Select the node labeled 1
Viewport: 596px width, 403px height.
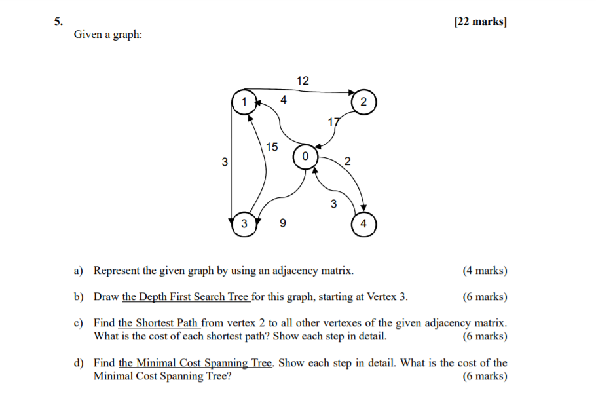point(244,102)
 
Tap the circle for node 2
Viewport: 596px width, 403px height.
point(363,102)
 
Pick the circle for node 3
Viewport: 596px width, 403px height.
point(244,224)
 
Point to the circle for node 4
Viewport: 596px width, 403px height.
point(363,224)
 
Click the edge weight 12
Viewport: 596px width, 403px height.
point(303,81)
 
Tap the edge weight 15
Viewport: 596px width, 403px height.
point(271,147)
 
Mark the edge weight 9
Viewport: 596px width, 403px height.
point(282,224)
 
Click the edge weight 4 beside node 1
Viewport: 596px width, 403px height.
point(283,100)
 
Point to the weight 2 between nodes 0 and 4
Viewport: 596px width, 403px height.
point(347,161)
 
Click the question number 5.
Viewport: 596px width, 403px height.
point(58,22)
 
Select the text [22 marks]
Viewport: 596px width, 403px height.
point(480,22)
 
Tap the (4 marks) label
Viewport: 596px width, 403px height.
point(485,270)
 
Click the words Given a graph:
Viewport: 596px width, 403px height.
point(108,34)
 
